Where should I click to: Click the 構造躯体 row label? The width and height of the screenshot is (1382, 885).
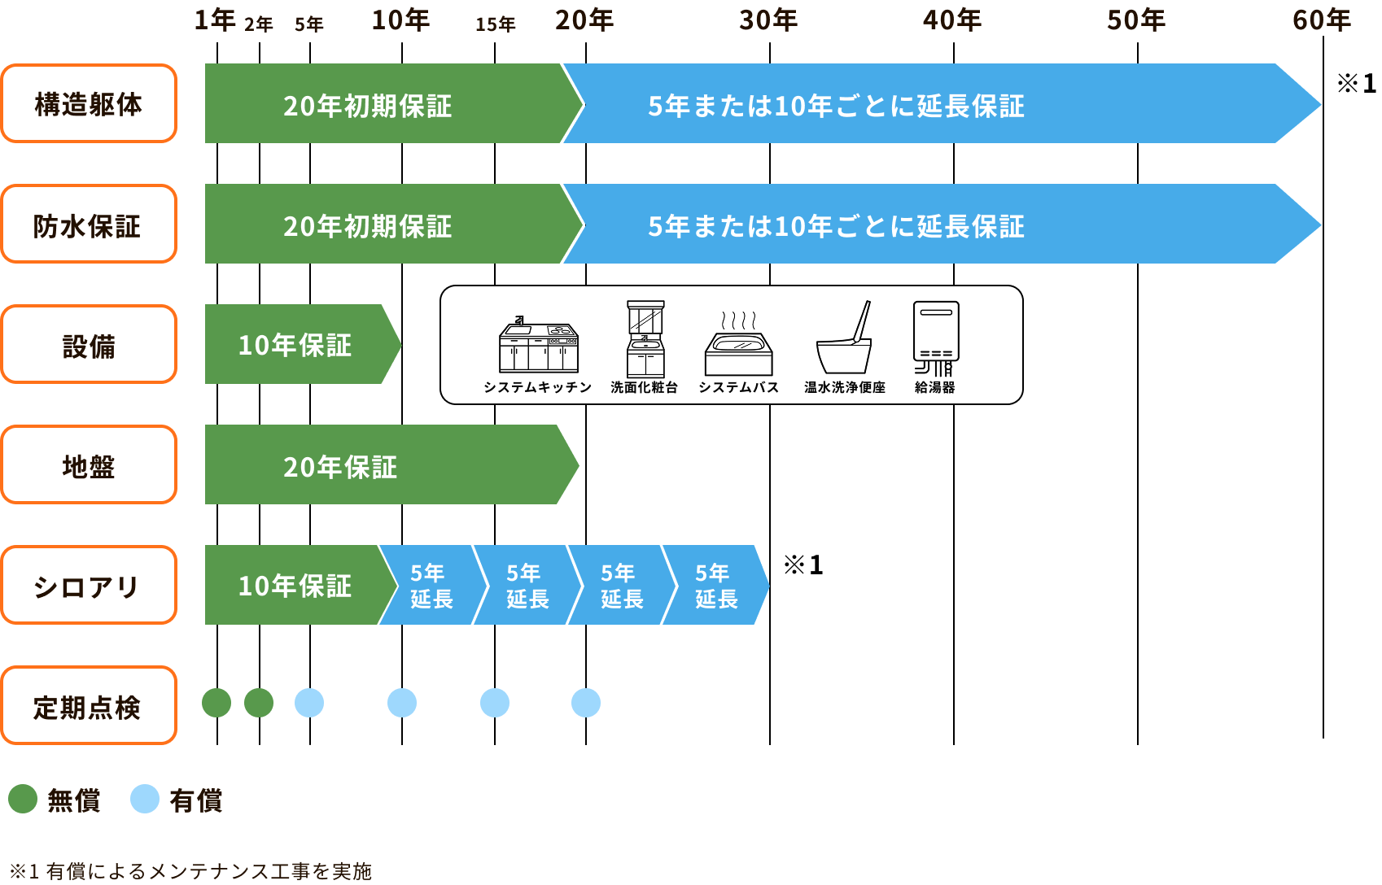[x=89, y=103]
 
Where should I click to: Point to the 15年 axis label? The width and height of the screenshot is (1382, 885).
[x=496, y=24]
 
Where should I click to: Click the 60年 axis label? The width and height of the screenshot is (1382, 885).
[x=1322, y=20]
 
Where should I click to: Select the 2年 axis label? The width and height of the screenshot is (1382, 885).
[x=259, y=24]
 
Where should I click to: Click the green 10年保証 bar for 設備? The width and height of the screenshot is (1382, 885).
[x=303, y=344]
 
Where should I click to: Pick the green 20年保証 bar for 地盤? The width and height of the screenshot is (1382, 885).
[x=391, y=464]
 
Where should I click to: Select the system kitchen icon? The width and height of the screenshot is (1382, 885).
[x=539, y=345]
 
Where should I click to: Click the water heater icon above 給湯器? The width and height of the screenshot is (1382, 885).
[x=936, y=338]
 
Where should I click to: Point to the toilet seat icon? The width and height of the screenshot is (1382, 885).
[x=844, y=338]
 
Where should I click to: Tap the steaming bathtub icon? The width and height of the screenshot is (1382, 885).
[x=738, y=345]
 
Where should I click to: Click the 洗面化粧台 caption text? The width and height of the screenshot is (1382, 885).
[x=644, y=387]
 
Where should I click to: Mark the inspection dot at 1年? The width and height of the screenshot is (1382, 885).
[x=216, y=703]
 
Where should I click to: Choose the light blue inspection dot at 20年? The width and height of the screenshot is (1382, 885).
[x=586, y=703]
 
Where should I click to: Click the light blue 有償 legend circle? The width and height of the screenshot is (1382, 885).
[x=145, y=800]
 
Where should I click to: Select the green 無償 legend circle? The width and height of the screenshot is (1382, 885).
[x=23, y=800]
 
